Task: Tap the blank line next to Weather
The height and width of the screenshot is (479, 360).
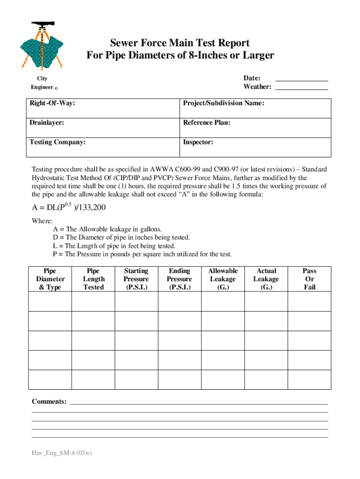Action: (x=302, y=87)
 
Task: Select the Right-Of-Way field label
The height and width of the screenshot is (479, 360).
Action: (x=52, y=103)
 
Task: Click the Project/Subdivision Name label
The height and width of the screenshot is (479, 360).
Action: (x=223, y=103)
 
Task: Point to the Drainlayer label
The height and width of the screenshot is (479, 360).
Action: (x=47, y=123)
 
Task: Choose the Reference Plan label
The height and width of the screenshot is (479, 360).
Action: (x=206, y=123)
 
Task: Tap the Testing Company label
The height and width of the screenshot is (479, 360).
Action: (x=58, y=142)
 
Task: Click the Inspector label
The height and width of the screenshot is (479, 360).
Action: (x=198, y=142)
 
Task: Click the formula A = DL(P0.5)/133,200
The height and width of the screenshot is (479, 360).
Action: (x=69, y=207)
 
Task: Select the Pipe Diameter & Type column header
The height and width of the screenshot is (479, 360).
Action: (x=50, y=279)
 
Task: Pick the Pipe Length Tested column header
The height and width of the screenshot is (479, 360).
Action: (x=94, y=279)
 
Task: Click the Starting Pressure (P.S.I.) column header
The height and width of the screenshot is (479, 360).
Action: (x=136, y=279)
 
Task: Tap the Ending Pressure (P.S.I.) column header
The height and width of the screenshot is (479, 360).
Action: (x=180, y=279)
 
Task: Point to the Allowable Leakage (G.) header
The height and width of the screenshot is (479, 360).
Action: (x=223, y=279)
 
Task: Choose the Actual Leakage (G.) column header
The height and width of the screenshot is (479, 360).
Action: (x=266, y=279)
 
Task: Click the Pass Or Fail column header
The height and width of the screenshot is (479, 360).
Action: (x=310, y=279)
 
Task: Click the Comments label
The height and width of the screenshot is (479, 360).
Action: (x=49, y=402)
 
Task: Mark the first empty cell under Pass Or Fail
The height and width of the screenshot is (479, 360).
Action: (x=310, y=301)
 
